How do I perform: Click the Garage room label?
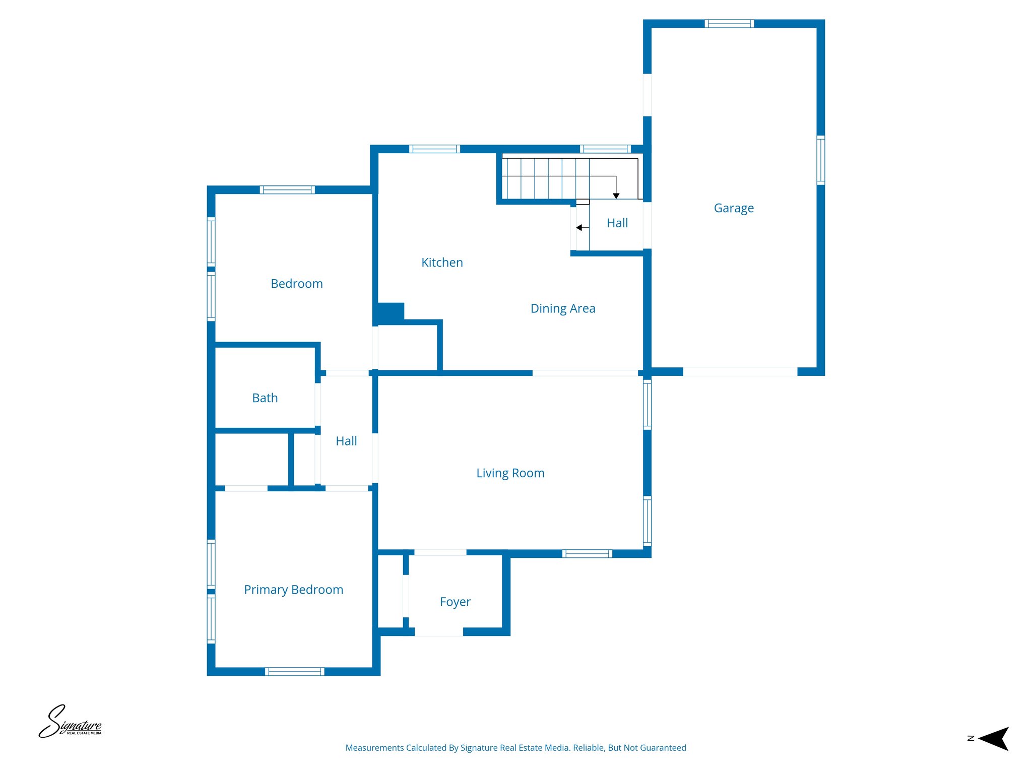click(734, 208)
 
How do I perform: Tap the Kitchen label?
click(442, 263)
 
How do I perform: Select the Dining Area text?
click(563, 308)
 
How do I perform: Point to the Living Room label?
click(510, 473)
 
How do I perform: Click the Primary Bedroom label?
click(293, 590)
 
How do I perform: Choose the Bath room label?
click(265, 398)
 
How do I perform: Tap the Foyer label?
click(455, 602)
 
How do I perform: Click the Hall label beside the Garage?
click(617, 223)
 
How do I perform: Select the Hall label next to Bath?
click(346, 441)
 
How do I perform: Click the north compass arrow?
click(994, 739)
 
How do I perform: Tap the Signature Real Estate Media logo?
click(71, 722)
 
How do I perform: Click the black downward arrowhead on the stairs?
click(616, 196)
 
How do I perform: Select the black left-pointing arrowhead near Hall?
click(579, 228)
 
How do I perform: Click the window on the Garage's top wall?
click(729, 24)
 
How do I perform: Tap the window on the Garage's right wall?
click(820, 160)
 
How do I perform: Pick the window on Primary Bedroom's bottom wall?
click(294, 671)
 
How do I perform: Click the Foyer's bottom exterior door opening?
click(438, 632)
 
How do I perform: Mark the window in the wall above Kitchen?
click(434, 149)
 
